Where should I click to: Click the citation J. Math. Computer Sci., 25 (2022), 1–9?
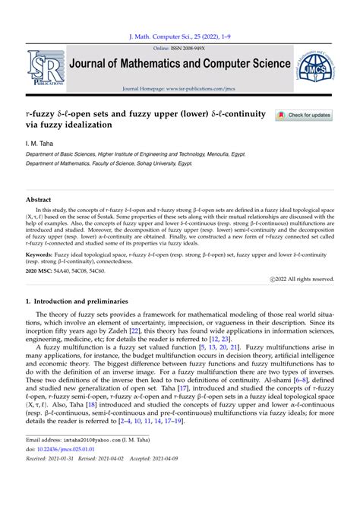pos(179,35)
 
